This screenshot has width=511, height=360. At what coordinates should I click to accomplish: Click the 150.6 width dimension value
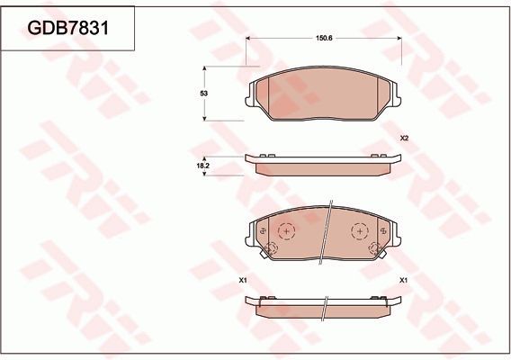(325, 40)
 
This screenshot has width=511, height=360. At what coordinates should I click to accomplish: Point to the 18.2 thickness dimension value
(203, 166)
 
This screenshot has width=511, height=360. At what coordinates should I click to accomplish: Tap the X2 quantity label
(405, 138)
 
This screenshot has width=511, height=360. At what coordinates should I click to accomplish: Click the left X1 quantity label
(243, 281)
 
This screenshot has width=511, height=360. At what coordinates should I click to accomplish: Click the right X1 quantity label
(404, 281)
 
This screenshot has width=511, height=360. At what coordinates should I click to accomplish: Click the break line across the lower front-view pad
(326, 236)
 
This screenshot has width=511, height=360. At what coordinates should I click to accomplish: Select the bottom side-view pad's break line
(326, 307)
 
